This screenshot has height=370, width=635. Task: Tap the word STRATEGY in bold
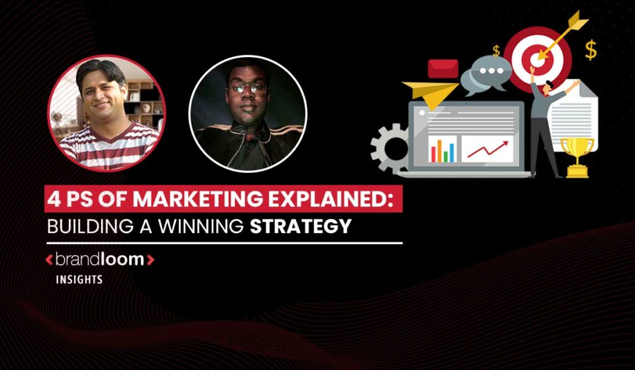301,226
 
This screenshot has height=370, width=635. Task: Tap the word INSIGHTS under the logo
79,280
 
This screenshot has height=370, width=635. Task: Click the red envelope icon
443,68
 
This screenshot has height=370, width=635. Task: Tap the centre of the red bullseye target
537,59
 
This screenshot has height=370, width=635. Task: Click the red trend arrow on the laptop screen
487,149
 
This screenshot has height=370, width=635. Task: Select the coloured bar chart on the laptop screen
442,150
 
